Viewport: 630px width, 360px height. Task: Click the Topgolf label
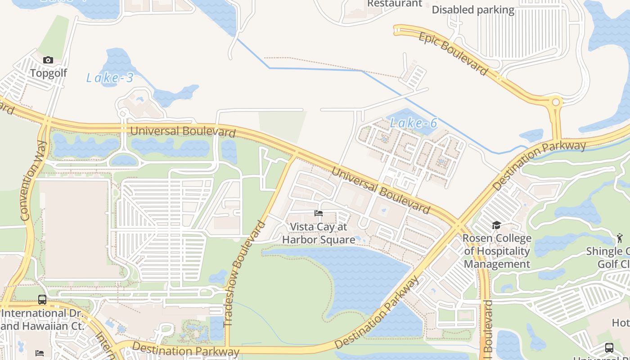tap(49, 73)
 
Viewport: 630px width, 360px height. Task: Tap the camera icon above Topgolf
tap(48, 60)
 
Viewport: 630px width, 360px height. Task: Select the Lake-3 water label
tap(110, 78)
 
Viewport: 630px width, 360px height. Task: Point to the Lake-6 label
tap(413, 122)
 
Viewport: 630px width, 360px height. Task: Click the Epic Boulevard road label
tap(453, 53)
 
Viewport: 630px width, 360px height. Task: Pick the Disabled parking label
tap(473, 10)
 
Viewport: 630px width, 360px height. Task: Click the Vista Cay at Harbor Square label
tap(319, 233)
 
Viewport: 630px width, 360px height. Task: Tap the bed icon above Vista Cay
tap(319, 213)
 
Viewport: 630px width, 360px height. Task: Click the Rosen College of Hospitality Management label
tap(497, 251)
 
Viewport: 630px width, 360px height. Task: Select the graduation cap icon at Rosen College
tap(496, 225)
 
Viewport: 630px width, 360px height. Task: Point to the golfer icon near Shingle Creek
tap(620, 238)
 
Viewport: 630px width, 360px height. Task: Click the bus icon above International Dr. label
tap(42, 299)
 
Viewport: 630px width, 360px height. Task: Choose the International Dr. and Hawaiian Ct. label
tap(42, 319)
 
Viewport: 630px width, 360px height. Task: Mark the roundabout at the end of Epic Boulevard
tap(556, 103)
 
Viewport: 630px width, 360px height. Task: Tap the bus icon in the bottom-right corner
tap(609, 347)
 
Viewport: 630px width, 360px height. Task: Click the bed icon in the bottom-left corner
tap(40, 353)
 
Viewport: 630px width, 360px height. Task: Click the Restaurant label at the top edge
tap(395, 4)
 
